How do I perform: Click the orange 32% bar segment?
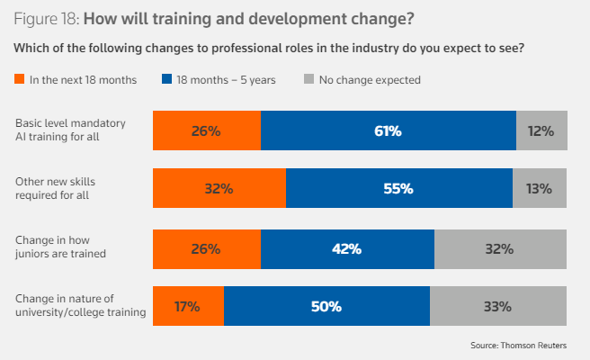219,189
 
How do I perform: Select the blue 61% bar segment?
389,130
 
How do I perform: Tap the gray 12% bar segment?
541,130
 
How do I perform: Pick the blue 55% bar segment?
398,189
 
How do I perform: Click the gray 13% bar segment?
540,189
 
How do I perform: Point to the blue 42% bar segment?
347,248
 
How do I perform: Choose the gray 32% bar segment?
500,248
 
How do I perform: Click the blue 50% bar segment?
326,307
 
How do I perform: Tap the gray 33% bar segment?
497,307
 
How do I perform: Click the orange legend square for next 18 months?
21,80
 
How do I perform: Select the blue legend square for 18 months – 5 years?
168,80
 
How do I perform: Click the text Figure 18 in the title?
52,19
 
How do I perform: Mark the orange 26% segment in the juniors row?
207,248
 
